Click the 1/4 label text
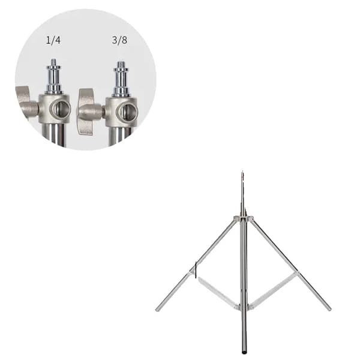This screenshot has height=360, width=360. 53,40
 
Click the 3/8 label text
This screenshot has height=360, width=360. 119,40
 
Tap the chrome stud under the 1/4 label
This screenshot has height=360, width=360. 53,76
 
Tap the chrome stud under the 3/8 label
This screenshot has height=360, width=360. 121,79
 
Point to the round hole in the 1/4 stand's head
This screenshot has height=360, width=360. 61,109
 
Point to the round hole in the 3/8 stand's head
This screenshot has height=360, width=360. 128,112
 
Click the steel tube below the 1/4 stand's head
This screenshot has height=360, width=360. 54,135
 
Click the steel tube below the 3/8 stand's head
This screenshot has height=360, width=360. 120,136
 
